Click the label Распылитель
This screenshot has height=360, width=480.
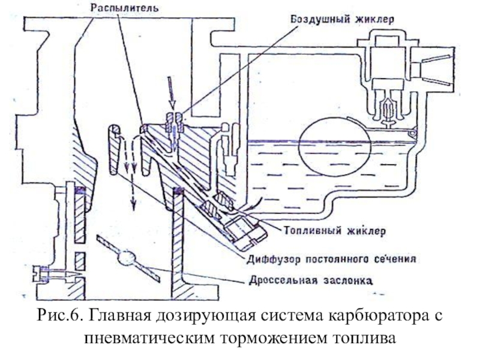click(x=124, y=8)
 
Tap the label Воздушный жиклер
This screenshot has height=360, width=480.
click(x=342, y=19)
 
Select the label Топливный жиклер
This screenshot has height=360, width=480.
click(x=335, y=230)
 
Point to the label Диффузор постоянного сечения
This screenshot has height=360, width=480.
click(x=331, y=259)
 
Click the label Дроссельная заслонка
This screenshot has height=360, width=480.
click(x=311, y=280)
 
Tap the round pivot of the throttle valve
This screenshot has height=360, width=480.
click(x=127, y=258)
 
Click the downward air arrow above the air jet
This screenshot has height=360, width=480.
click(x=172, y=93)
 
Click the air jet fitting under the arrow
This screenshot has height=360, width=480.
click(x=174, y=122)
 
